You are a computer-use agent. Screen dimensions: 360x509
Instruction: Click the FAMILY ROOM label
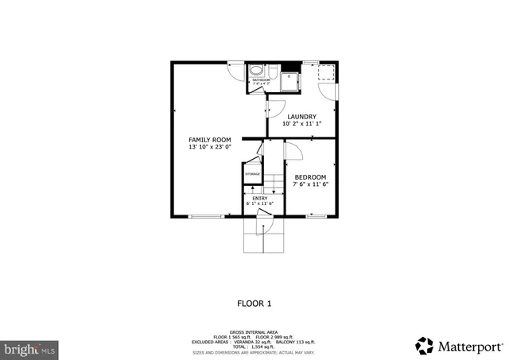click(x=209, y=140)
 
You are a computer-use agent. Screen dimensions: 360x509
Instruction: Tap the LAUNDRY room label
click(x=301, y=117)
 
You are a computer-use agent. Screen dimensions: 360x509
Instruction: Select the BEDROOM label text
click(x=310, y=177)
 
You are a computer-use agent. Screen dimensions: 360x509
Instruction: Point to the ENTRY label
click(x=260, y=198)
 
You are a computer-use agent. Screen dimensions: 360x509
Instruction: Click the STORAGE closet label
click(x=252, y=173)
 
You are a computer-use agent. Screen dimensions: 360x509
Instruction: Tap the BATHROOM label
click(x=262, y=80)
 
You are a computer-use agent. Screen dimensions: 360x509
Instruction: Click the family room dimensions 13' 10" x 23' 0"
click(x=209, y=147)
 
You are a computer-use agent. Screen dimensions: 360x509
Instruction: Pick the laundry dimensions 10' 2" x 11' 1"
click(x=301, y=124)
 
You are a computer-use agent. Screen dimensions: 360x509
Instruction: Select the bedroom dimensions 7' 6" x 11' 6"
click(x=310, y=184)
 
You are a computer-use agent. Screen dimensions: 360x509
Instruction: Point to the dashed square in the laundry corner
click(x=326, y=73)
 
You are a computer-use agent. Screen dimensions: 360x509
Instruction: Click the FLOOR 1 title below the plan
click(x=254, y=303)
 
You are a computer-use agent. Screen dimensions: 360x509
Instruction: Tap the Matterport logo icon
click(x=425, y=346)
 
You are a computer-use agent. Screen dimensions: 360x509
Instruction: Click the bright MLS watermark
click(x=30, y=348)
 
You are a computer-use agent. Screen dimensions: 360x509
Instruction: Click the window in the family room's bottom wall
click(x=206, y=216)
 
